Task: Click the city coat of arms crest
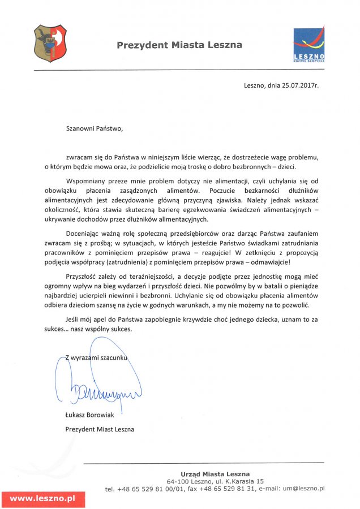click(x=50, y=43)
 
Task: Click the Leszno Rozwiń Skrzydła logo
click(x=308, y=44)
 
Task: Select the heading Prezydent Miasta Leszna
click(x=179, y=45)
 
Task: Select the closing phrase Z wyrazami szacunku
click(x=97, y=357)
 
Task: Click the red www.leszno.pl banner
click(x=43, y=499)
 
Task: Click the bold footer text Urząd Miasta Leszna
click(x=215, y=474)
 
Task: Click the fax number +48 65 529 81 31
click(x=232, y=488)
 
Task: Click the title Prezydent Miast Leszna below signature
click(x=100, y=429)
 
